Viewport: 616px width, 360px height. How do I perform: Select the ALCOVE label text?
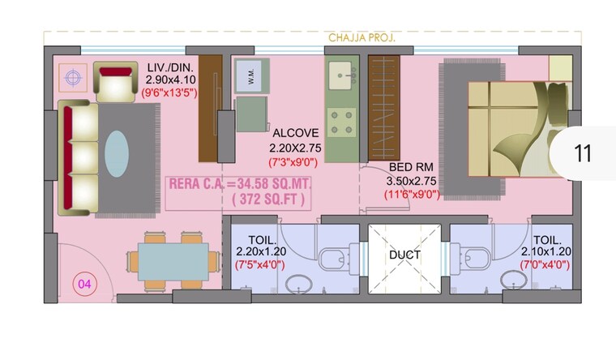tap(296, 133)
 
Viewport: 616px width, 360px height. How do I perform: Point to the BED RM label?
tap(413, 167)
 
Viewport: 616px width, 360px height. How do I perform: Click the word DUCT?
tap(404, 255)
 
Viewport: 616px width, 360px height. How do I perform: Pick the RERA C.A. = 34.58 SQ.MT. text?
tap(250, 183)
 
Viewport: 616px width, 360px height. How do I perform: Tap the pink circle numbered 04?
tap(83, 284)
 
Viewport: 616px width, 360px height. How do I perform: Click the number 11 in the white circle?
tap(582, 154)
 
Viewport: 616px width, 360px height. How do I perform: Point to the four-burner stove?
tap(343, 121)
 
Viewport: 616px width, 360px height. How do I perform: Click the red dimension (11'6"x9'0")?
tap(413, 195)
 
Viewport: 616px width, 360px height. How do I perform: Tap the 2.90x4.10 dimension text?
tap(171, 80)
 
